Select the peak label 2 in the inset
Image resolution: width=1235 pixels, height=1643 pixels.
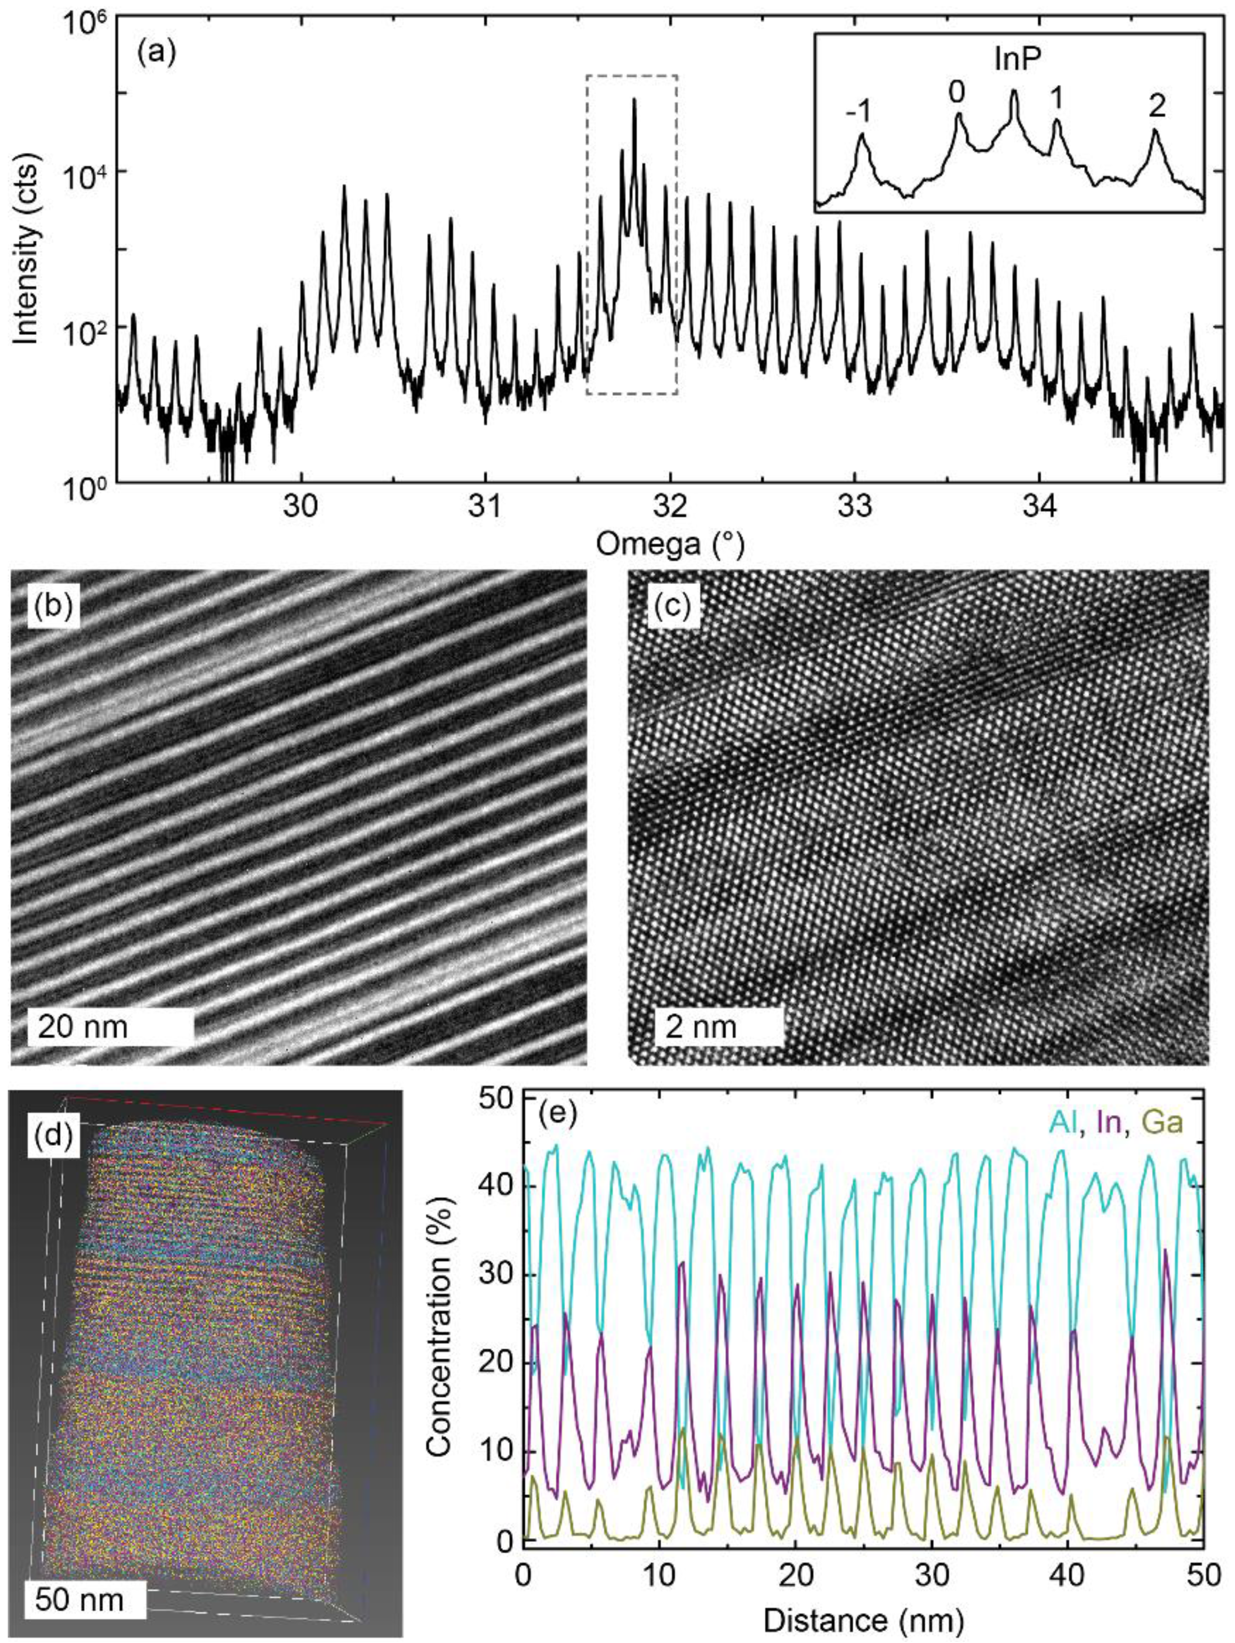click(1156, 108)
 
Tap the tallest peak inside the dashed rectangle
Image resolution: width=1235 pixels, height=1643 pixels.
click(634, 100)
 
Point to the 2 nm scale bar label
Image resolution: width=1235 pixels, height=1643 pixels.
click(697, 1027)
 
